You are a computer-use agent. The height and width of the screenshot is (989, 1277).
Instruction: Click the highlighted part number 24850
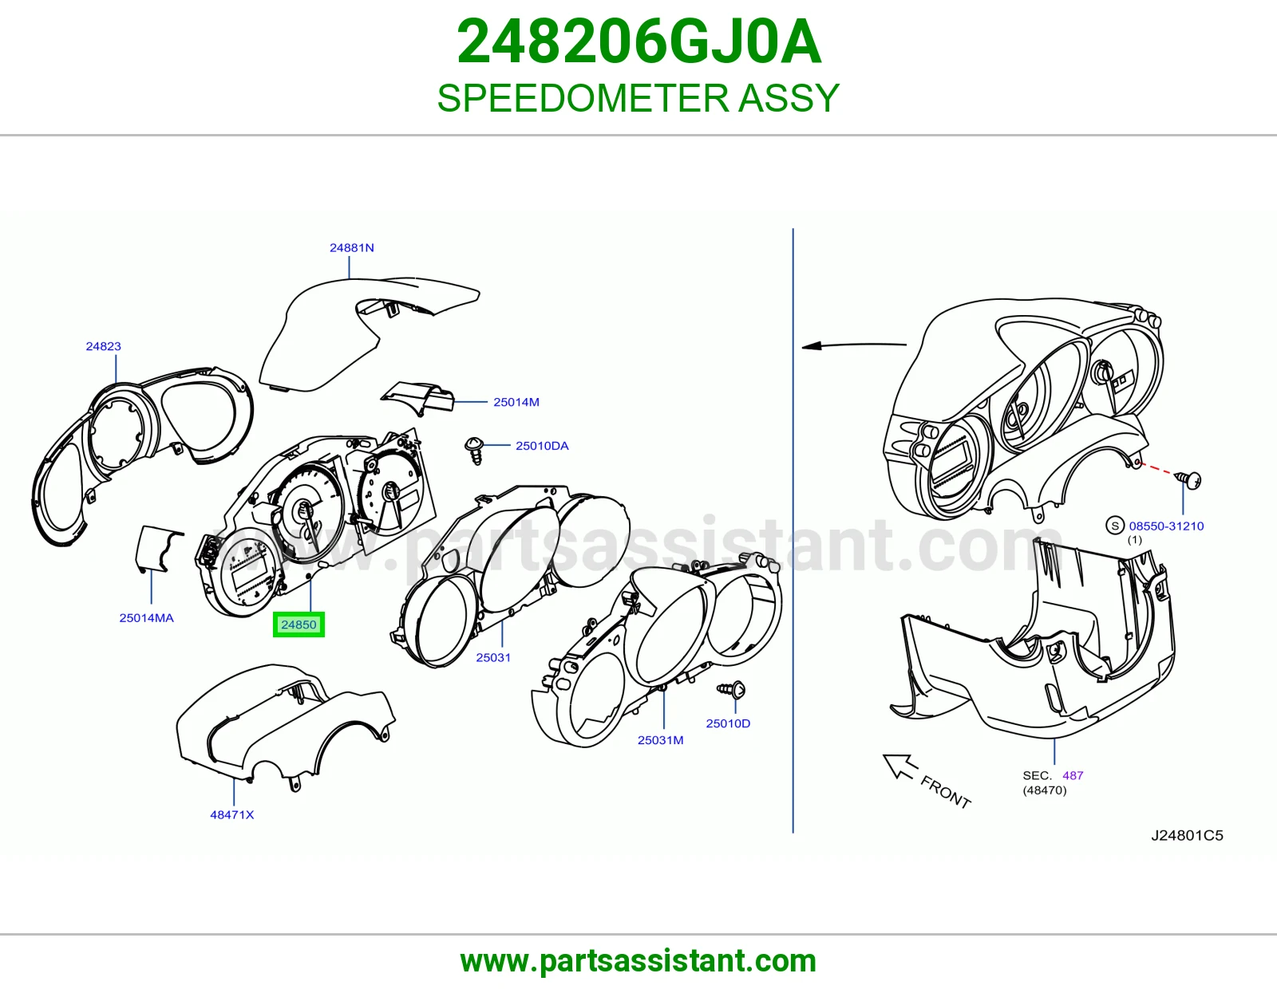tap(298, 625)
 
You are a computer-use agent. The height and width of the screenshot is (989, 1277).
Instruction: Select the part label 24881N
tap(351, 248)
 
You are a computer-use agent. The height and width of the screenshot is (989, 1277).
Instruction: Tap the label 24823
tap(104, 346)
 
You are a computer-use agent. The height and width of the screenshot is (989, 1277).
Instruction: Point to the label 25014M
tap(516, 402)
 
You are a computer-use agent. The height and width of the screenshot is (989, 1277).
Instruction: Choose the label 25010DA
tap(542, 446)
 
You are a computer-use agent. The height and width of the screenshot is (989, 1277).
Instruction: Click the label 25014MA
tap(146, 618)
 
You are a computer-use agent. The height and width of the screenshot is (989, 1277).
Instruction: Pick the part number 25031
tap(493, 658)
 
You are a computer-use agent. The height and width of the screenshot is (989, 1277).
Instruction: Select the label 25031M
tap(661, 740)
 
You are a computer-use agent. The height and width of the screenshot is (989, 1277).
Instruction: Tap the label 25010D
tap(728, 723)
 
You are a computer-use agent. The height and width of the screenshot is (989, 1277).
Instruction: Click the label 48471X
tap(232, 814)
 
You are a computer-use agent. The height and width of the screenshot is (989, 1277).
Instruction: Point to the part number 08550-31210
tap(1166, 526)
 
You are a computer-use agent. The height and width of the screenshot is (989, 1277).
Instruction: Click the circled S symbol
tap(1115, 526)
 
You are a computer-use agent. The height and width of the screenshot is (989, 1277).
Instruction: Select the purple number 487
tap(1073, 775)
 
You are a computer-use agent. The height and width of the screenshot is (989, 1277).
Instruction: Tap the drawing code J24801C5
tap(1187, 835)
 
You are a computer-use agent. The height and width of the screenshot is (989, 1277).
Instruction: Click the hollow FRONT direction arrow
tap(899, 766)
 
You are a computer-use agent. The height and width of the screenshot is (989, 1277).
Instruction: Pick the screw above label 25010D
tap(731, 689)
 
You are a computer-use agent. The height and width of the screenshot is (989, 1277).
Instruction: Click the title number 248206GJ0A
tap(638, 41)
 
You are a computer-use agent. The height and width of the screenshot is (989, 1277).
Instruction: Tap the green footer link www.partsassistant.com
tap(638, 961)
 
